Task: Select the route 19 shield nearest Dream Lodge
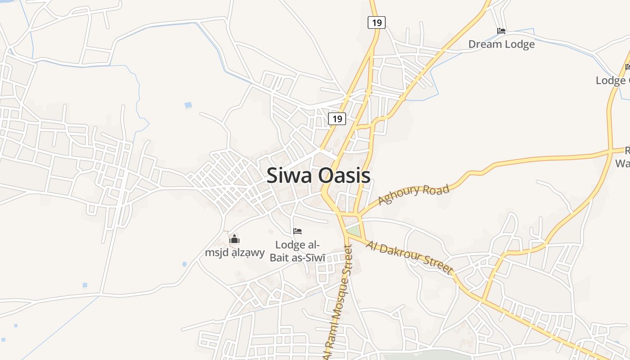(376, 22)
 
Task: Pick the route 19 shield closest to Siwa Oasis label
(337, 119)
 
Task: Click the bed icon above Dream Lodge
(501, 31)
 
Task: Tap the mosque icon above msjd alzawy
(234, 239)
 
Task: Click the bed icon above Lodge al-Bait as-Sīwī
(297, 231)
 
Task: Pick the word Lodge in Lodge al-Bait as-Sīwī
(290, 245)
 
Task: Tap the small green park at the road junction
(354, 231)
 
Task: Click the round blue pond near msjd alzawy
(184, 264)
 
